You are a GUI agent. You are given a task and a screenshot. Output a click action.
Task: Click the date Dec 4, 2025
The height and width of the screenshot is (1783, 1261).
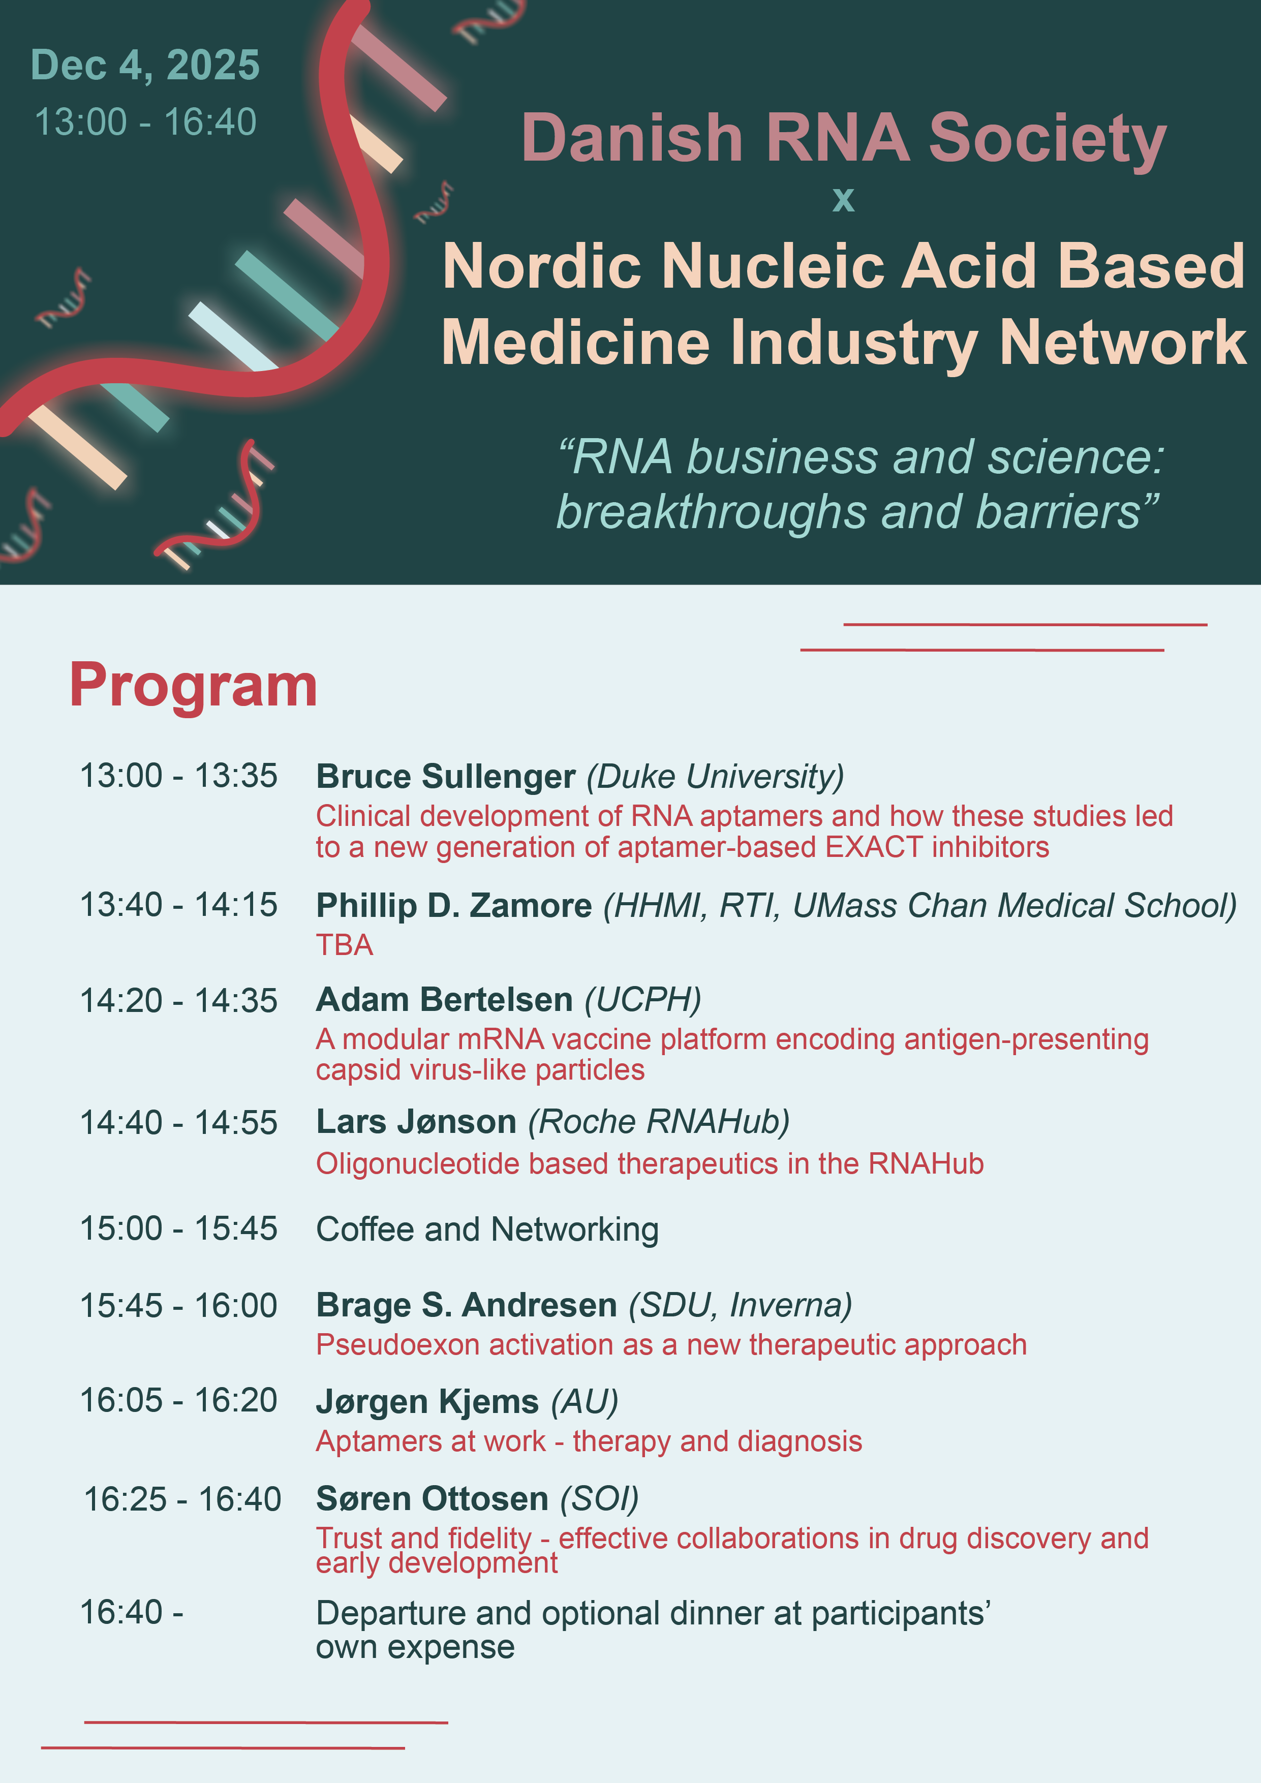pos(145,65)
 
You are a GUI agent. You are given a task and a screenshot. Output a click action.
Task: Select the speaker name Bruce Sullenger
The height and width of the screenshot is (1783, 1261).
pos(446,777)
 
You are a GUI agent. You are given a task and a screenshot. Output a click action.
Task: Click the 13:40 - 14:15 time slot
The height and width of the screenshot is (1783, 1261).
pos(178,905)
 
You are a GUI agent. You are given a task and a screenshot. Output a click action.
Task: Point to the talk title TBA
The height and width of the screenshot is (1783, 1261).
pos(344,945)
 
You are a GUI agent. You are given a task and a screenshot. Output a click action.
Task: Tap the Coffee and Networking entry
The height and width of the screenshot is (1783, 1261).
pos(487,1229)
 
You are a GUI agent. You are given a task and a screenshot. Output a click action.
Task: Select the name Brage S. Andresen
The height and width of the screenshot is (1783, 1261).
pos(467,1305)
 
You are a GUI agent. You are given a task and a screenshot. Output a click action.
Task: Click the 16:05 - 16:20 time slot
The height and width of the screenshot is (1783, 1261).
pos(178,1400)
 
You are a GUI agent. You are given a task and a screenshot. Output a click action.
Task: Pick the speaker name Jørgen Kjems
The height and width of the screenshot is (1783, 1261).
pos(427,1402)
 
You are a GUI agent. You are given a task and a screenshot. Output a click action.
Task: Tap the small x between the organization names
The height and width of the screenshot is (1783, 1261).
pos(843,200)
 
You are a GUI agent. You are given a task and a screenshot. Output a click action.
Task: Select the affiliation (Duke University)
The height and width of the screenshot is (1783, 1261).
pos(715,777)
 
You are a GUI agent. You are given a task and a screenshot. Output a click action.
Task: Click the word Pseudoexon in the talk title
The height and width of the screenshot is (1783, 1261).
pos(397,1345)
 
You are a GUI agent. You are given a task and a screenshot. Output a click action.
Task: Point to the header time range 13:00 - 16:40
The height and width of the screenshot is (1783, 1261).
pos(145,122)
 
